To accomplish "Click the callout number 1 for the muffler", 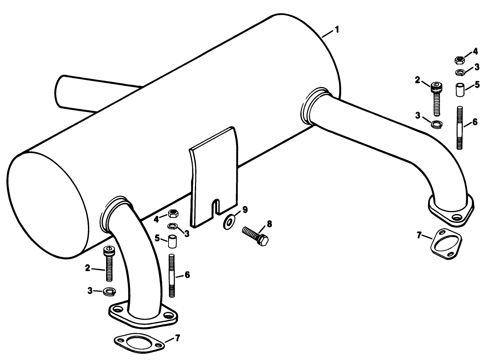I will coord(337,30).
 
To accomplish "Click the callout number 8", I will coord(269,224).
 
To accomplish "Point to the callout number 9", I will coord(245,209).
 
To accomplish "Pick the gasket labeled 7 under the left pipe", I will coord(138,343).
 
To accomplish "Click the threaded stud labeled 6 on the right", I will coord(459,127).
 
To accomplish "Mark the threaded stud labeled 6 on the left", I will coord(172,276).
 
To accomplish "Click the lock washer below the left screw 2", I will coord(109,291).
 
